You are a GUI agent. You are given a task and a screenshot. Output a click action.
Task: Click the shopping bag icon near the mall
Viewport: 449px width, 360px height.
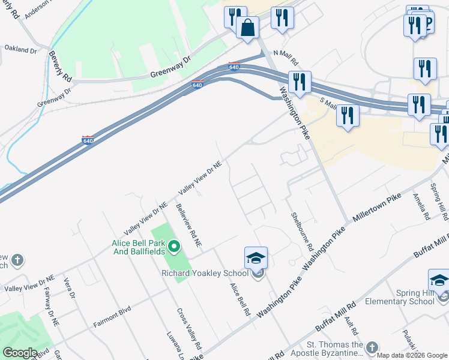[x=247, y=27]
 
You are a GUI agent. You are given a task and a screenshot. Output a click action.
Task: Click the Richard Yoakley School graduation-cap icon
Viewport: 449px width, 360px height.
[x=256, y=259]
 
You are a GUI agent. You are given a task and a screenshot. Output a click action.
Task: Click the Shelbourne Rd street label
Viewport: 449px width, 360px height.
[x=302, y=231]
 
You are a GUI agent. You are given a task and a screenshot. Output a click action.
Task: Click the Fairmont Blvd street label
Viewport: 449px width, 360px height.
[x=112, y=317]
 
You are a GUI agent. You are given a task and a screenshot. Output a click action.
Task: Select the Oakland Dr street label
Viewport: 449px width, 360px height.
[x=21, y=49]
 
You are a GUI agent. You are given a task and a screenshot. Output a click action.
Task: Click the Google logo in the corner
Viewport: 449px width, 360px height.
[x=20, y=353]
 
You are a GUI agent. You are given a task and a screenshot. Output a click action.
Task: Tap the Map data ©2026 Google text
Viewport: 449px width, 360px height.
[x=411, y=355]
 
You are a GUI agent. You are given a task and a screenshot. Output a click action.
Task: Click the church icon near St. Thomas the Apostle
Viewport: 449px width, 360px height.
[x=372, y=348]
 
